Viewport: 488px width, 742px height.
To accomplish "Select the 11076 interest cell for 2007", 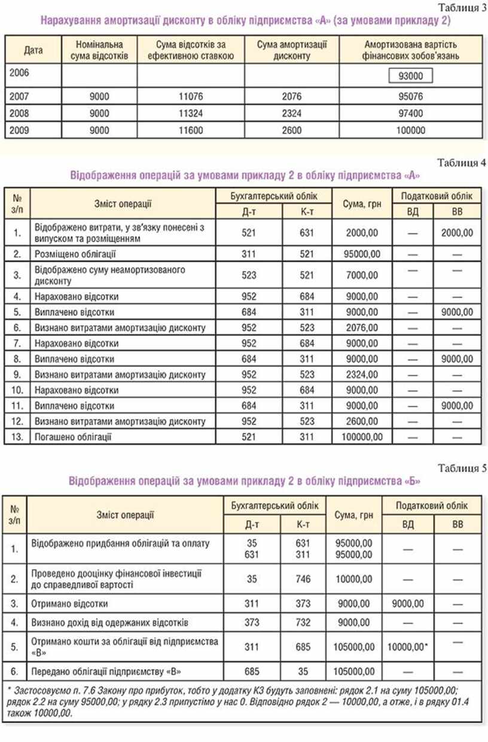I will click(190, 96).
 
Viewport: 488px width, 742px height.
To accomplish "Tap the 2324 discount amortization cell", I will click(292, 114).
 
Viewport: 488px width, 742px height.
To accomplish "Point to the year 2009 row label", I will click(21, 130).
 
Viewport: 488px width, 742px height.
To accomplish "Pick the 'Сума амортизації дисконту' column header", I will click(292, 50).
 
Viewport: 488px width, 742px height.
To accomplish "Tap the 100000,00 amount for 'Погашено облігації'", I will click(358, 437).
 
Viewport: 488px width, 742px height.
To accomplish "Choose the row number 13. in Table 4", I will click(17, 437).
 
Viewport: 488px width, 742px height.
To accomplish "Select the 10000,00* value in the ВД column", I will click(410, 647).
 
